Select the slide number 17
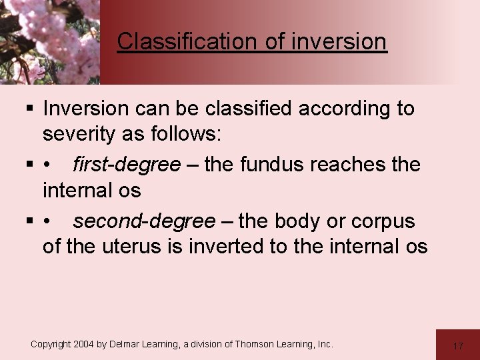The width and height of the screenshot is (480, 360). pos(457,346)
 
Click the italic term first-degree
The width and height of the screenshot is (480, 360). pos(126,164)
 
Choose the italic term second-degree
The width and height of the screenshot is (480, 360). pos(144,221)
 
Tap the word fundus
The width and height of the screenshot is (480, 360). pos(271,164)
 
